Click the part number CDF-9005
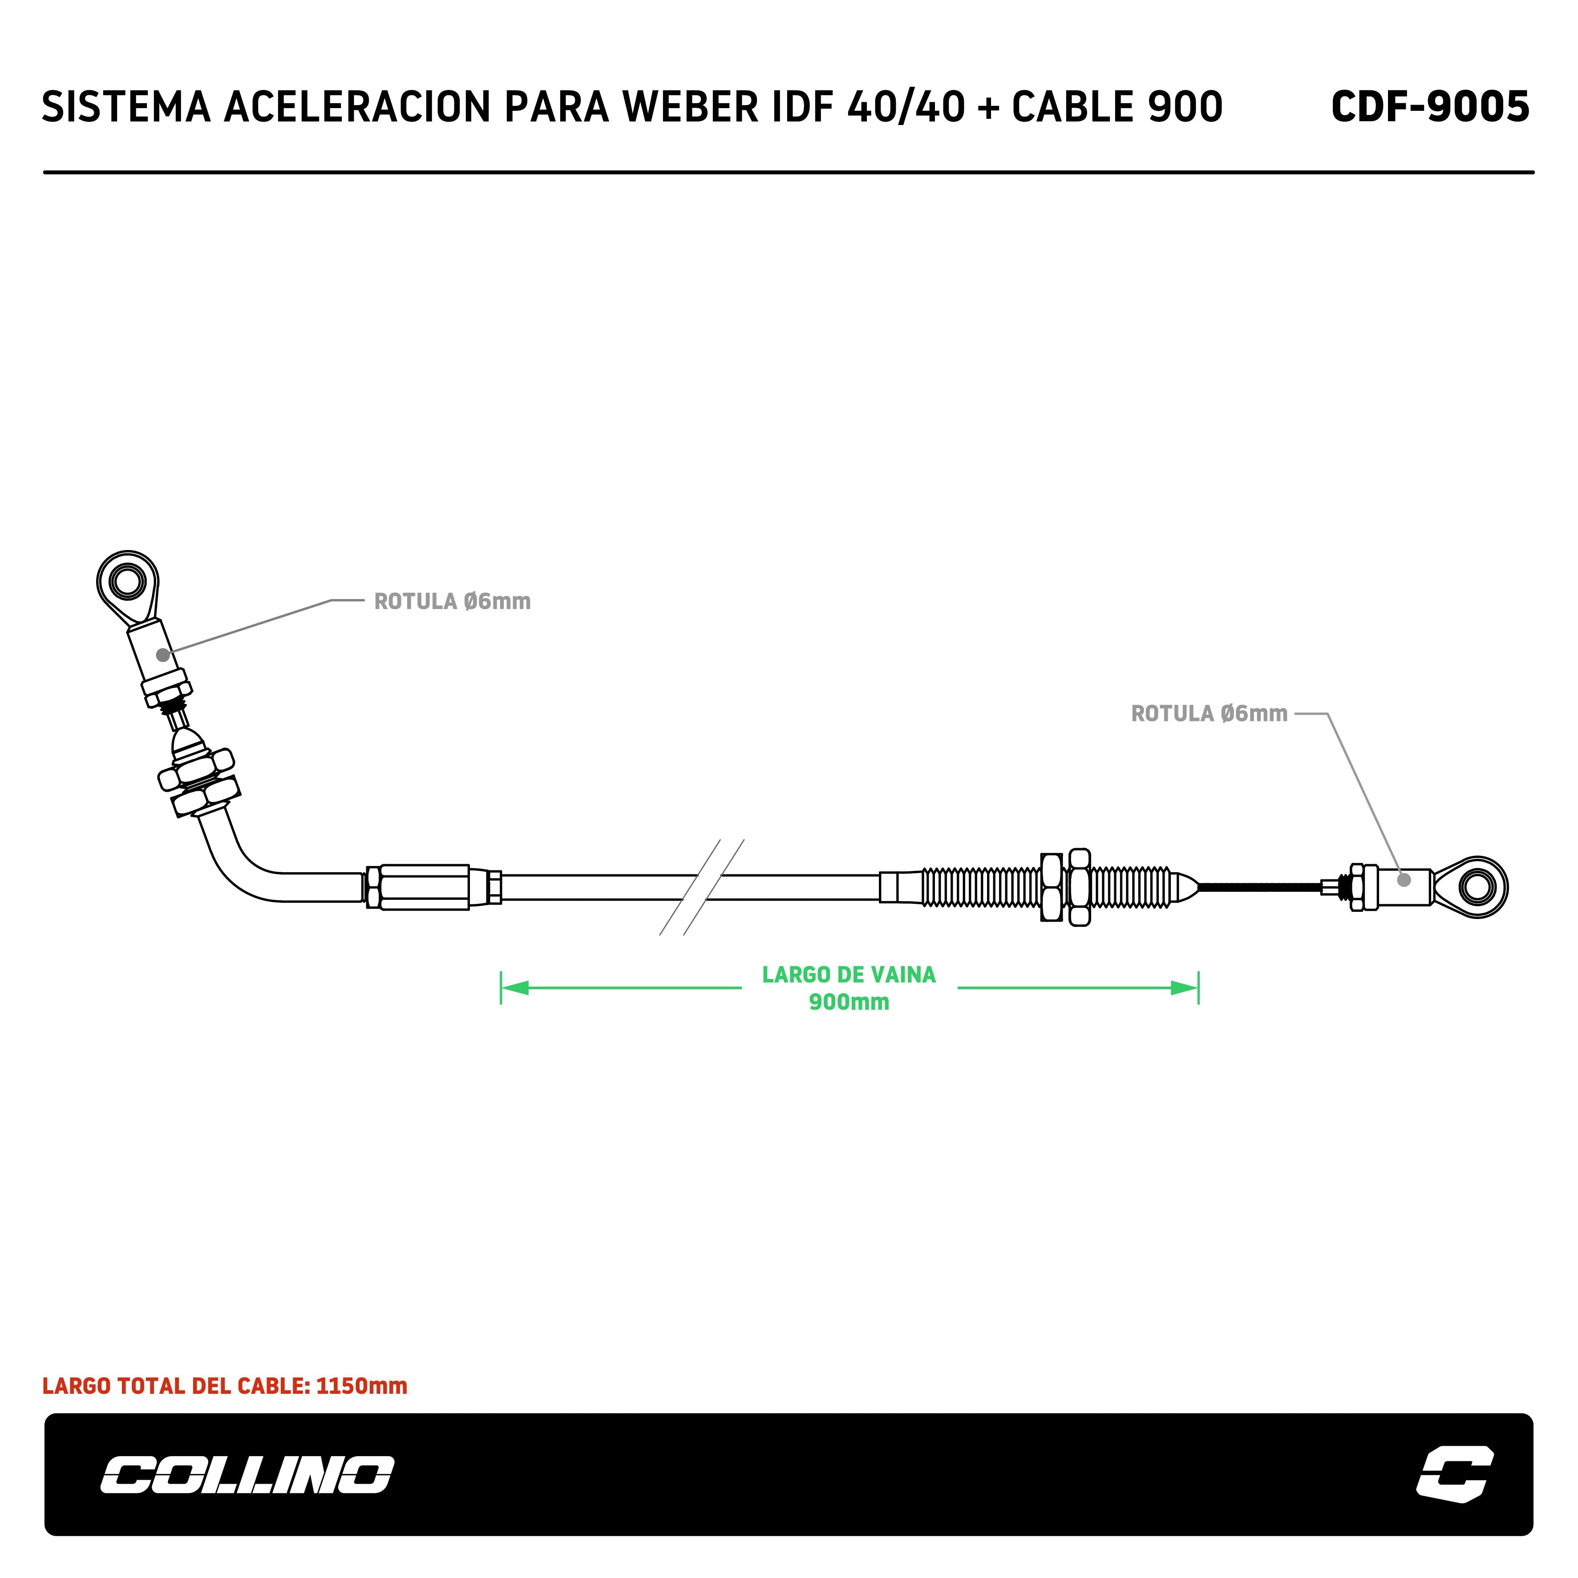(1429, 107)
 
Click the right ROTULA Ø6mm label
(1209, 714)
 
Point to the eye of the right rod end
(1477, 887)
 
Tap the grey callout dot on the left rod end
(163, 655)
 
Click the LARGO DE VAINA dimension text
(849, 975)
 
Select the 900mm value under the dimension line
(849, 1002)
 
